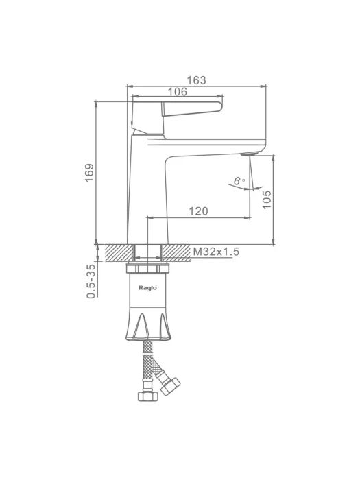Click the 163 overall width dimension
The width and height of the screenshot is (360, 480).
click(197, 80)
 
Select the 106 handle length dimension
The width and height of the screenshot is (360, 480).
click(178, 91)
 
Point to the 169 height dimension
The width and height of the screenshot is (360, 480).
click(89, 173)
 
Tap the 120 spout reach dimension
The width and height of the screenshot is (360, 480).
click(198, 211)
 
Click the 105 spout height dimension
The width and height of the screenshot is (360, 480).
click(267, 200)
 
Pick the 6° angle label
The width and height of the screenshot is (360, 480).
click(239, 181)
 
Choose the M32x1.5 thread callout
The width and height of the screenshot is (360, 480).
click(216, 252)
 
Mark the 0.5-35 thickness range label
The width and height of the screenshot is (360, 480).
click(91, 281)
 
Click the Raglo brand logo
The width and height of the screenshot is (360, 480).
click(148, 288)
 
